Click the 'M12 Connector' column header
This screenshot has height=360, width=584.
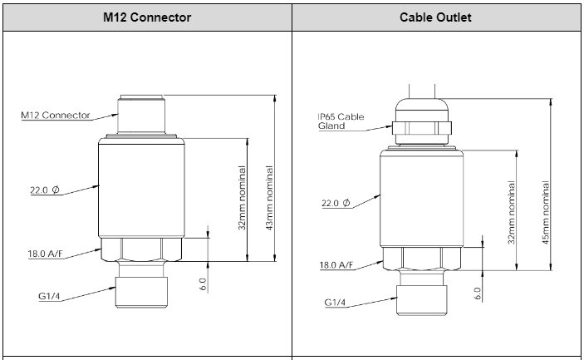(146, 17)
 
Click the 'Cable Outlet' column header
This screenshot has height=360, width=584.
(436, 17)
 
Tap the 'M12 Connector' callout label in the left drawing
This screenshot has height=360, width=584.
(56, 116)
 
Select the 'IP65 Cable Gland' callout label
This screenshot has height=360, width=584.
(341, 121)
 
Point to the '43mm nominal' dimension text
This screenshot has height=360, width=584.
(269, 199)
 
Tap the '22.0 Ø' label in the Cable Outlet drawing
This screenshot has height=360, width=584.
(336, 203)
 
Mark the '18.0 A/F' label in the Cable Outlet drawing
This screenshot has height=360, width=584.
(336, 265)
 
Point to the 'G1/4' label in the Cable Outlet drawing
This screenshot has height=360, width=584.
(336, 302)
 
